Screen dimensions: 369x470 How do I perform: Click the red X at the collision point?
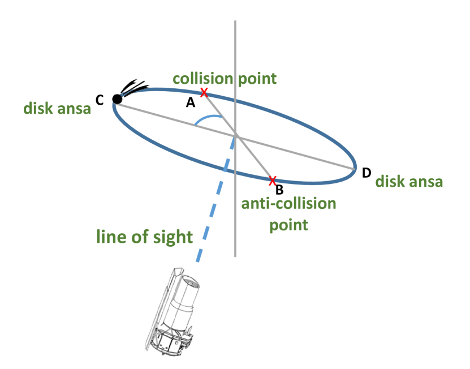coord(204,92)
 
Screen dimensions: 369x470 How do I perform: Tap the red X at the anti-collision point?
coord(273,181)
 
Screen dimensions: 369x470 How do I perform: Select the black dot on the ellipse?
coord(117,99)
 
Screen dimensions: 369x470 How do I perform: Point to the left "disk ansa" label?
coord(57,109)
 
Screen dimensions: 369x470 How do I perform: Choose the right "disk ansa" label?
coord(409,182)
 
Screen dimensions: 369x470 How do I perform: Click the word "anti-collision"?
coord(288,203)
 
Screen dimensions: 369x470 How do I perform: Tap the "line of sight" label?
coord(145,237)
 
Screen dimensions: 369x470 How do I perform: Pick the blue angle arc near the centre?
coord(206,117)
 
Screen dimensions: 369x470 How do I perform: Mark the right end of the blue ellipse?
coord(356,168)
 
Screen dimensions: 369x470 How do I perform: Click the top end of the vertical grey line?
coord(235,22)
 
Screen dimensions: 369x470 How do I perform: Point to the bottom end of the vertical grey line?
coord(235,256)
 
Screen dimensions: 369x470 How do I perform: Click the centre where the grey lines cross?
coord(235,135)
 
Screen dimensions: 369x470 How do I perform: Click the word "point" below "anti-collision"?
coord(288,225)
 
